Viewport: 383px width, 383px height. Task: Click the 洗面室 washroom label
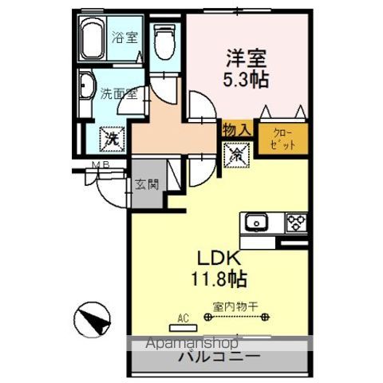(x=119, y=93)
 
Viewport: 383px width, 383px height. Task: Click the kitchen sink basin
(x=257, y=221)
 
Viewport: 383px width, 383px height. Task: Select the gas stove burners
(x=294, y=221)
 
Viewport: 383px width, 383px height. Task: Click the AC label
(x=183, y=318)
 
